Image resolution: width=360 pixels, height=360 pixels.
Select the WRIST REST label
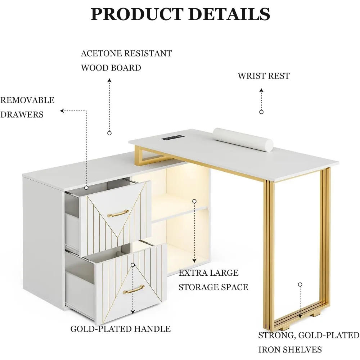(264, 76)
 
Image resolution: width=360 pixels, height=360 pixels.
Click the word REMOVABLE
(27, 100)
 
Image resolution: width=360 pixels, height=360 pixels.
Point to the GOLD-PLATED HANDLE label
(120, 329)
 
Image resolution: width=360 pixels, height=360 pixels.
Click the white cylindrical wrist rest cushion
(243, 139)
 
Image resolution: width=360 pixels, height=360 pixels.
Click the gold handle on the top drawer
(118, 213)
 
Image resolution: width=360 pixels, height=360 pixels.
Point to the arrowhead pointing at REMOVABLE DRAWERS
(62, 111)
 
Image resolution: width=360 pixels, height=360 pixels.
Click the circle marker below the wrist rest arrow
(261, 112)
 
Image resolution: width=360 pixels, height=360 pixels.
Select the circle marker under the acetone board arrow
(109, 133)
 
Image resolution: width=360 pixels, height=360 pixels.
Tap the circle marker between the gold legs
(300, 284)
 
